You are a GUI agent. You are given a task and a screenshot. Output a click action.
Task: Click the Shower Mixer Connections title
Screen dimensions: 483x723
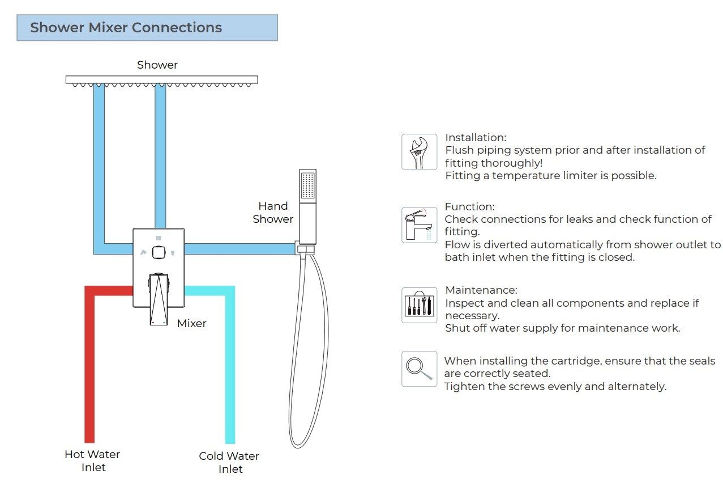pos(126,28)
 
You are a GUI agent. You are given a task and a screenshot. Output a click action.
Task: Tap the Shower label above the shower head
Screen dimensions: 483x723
pos(157,65)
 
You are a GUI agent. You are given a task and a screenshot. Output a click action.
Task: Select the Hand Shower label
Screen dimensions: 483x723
pos(273,213)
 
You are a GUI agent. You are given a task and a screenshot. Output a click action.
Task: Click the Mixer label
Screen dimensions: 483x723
pos(191,323)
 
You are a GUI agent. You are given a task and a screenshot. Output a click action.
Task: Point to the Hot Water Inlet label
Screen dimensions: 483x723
pos(92,460)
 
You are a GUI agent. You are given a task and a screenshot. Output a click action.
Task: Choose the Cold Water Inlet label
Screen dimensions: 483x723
pos(229,462)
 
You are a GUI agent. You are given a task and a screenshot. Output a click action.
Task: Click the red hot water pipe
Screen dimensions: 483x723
pos(89,368)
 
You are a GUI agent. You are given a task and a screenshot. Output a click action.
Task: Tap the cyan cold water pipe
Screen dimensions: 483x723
pos(230,368)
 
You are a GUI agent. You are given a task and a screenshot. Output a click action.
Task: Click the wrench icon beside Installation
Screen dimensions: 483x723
pos(419,152)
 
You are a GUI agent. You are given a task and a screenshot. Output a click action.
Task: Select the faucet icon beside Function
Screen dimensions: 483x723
pos(419,225)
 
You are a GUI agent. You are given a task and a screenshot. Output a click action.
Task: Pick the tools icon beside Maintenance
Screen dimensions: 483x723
pos(419,305)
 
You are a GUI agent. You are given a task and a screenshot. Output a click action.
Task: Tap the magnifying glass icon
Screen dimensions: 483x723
pos(419,368)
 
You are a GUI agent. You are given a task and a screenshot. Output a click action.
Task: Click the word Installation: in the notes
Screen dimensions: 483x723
pos(476,138)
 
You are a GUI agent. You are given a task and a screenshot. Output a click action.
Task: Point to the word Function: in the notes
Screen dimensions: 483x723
pos(469,207)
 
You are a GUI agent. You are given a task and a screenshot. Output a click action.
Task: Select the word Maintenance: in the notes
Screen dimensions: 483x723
pos(481,290)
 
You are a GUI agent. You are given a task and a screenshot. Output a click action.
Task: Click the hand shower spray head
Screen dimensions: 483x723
pos(307,187)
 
